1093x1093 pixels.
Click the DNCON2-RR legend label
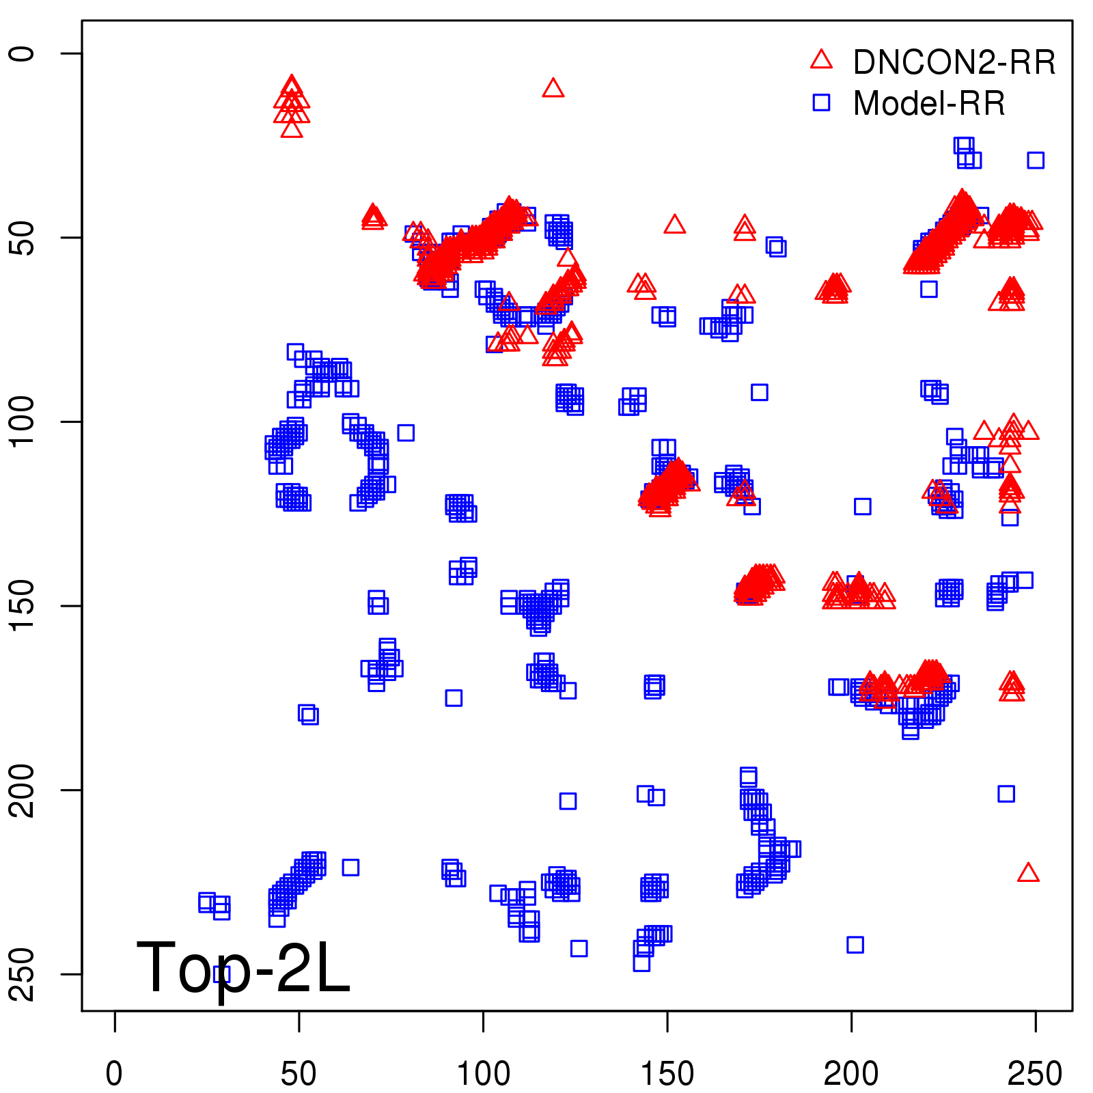point(954,63)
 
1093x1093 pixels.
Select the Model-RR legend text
point(929,104)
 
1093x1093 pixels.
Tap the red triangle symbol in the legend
point(821,60)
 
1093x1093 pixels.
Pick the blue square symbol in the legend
point(821,102)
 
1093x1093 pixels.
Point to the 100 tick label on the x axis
point(483,1073)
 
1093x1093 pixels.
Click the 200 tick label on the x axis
point(851,1073)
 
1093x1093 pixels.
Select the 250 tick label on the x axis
point(1035,1073)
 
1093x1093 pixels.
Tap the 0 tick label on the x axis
point(115,1073)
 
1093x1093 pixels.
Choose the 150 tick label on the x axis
point(667,1073)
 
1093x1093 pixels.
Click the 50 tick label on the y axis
point(23,238)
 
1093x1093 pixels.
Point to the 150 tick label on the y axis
point(23,606)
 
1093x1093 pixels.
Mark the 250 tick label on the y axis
point(23,974)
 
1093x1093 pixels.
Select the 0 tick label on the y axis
point(23,53)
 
